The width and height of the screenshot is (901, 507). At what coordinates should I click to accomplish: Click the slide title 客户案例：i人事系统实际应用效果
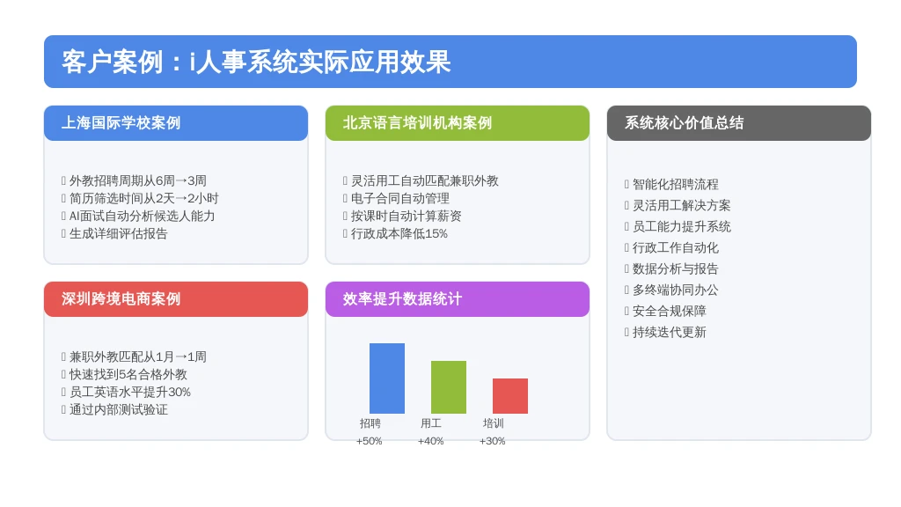tap(256, 62)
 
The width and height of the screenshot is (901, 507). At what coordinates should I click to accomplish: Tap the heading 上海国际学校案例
tap(121, 123)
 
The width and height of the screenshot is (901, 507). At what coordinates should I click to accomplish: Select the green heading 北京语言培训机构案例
tap(417, 123)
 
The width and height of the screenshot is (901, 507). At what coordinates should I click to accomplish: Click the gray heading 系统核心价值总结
tap(684, 123)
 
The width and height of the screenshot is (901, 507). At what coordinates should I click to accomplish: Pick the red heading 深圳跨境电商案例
tap(121, 299)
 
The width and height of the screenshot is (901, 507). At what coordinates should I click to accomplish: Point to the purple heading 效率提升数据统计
tap(402, 299)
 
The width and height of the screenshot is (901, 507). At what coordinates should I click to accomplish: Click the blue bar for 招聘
tap(387, 378)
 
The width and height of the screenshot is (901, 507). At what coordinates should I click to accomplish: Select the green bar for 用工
tap(448, 387)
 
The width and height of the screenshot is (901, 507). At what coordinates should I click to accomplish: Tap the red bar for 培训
tap(510, 396)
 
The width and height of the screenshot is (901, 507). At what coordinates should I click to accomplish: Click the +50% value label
tap(369, 441)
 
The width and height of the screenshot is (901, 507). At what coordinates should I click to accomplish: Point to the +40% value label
tap(430, 441)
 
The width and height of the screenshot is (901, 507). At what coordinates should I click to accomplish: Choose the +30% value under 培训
tap(492, 441)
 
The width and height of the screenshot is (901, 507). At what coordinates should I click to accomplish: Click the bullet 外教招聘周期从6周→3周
tap(138, 180)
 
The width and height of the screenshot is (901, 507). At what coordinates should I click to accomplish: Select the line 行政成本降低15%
tap(399, 233)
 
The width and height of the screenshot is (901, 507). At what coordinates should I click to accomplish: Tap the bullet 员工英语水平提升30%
tap(130, 392)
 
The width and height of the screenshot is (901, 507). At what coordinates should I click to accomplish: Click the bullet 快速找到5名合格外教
tap(128, 374)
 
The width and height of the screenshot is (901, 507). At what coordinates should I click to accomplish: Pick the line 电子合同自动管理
tap(400, 198)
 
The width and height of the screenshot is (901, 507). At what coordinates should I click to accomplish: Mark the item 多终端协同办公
tap(675, 290)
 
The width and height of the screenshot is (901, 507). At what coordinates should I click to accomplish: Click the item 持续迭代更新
tap(670, 332)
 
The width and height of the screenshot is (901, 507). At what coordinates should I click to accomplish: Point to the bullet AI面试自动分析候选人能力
tap(142, 217)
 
